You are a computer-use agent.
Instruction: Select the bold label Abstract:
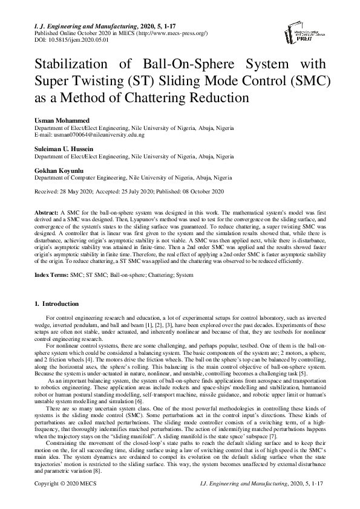(x=47, y=214)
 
